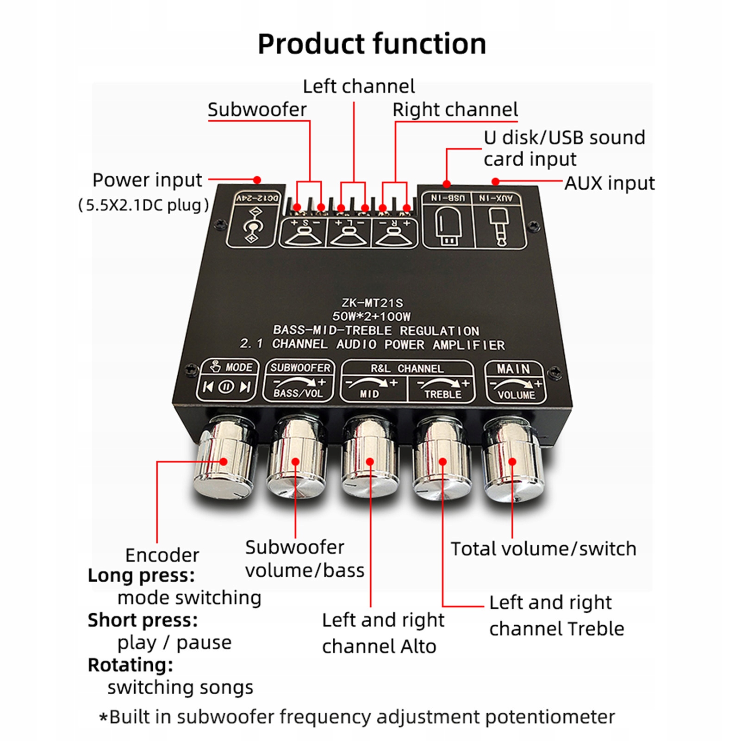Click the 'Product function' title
pos(372,44)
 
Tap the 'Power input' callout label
pos(147,180)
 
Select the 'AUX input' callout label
pos(610,183)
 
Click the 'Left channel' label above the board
pos(359,87)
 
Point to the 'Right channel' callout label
pos(455,110)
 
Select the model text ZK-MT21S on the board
pos(372,303)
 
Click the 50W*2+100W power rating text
pos(371,317)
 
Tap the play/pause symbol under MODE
pos(226,386)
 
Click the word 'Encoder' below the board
pos(162,555)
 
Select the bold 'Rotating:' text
pos(131,665)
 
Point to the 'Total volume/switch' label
pos(543,549)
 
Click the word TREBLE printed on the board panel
pos(443,395)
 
